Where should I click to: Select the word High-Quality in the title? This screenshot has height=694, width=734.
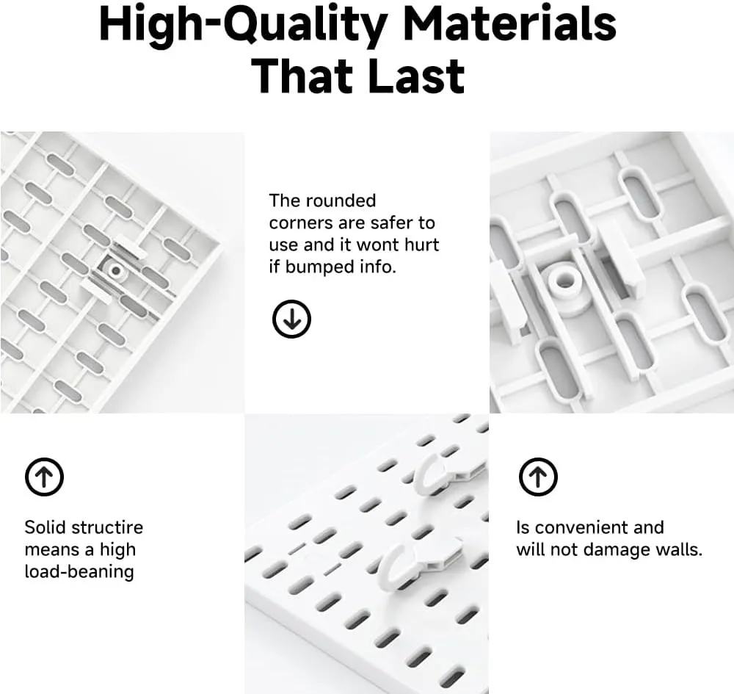(x=243, y=26)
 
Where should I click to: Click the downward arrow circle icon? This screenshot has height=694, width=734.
(x=291, y=319)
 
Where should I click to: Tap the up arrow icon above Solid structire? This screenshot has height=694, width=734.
(x=44, y=477)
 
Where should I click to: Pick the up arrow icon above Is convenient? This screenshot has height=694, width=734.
(x=538, y=477)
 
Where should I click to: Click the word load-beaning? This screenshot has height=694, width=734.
(x=79, y=572)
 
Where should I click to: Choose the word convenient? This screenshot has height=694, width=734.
(x=599, y=527)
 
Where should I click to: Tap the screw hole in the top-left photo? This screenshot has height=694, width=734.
(x=115, y=271)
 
